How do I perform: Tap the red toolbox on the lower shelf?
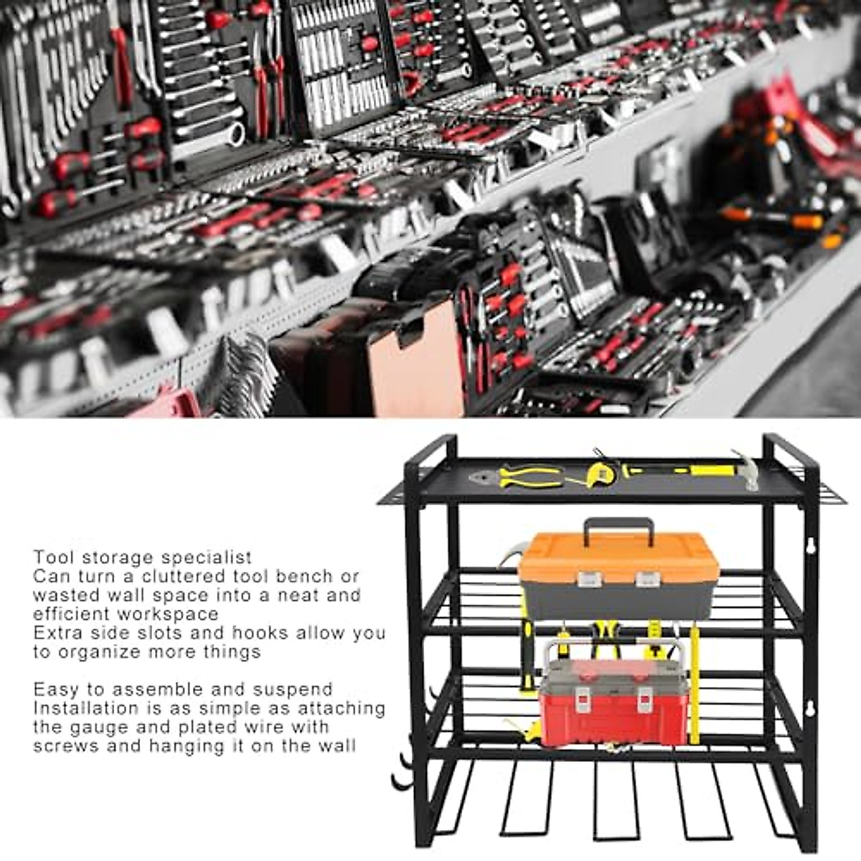(613, 710)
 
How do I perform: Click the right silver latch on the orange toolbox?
(646, 579)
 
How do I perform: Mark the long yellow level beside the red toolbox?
(695, 685)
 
